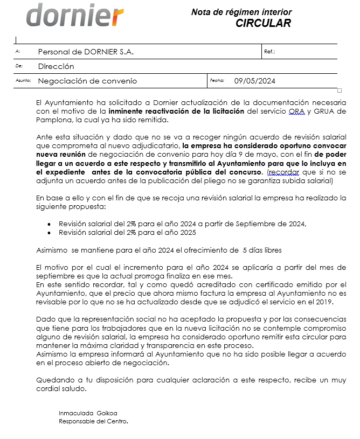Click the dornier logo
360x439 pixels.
[x=75, y=16]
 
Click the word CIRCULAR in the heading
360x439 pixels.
[x=263, y=23]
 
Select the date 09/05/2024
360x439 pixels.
[x=254, y=81]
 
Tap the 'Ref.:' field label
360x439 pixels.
[x=270, y=52]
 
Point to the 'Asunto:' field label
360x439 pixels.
[x=23, y=81]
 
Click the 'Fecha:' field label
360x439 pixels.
[x=217, y=81]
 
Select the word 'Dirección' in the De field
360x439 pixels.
[x=56, y=67]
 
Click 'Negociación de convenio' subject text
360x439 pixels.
[x=87, y=81]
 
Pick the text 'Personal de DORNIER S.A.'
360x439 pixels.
[x=86, y=52]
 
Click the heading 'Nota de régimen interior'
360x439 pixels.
[x=241, y=12]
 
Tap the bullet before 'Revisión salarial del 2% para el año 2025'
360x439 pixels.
[x=50, y=233]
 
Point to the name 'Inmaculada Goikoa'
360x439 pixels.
[x=88, y=413]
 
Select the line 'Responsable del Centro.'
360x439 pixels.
[x=93, y=421]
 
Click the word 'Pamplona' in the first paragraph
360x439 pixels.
[x=53, y=120]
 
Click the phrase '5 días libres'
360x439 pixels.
[x=262, y=250]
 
